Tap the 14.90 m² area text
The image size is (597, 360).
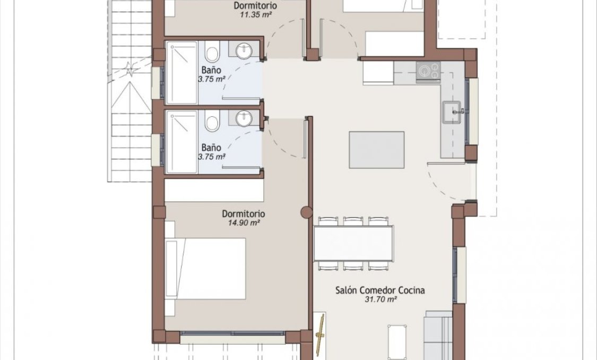(x=244, y=223)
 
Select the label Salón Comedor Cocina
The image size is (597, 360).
(x=380, y=290)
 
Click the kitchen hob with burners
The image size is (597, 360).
(x=428, y=71)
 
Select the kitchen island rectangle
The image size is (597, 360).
(x=377, y=150)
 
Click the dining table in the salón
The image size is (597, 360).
(x=353, y=243)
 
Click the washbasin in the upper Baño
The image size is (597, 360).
(x=244, y=52)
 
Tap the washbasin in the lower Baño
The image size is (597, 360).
(x=244, y=118)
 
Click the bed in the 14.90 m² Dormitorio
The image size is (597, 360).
(x=207, y=268)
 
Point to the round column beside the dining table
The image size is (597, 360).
(x=307, y=212)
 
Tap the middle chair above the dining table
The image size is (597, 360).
(x=353, y=221)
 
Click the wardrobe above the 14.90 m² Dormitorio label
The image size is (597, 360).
(x=214, y=191)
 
